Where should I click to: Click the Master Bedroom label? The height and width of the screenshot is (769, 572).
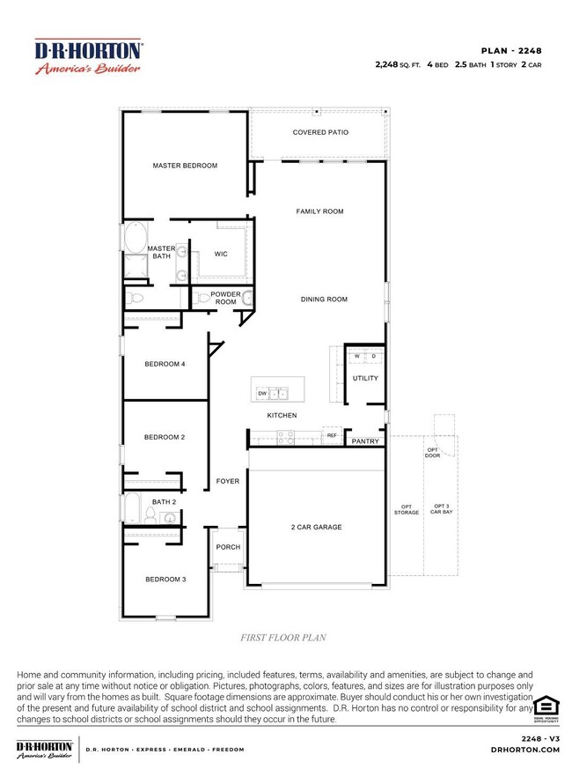pos(185,166)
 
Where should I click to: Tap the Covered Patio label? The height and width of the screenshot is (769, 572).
pos(320,132)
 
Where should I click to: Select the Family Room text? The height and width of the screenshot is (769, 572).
pos(319,211)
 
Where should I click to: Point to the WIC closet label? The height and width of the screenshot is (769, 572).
pos(221,254)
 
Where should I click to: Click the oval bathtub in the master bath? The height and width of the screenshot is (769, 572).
pos(136,237)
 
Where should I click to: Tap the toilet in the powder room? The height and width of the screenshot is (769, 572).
pos(201,298)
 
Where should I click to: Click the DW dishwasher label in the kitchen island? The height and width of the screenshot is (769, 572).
pos(262,394)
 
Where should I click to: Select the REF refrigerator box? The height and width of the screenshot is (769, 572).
pos(332,435)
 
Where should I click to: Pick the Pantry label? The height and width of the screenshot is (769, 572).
pos(365,441)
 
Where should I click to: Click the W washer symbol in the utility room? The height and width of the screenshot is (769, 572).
pos(356,357)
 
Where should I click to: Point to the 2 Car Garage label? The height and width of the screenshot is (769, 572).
pos(316,528)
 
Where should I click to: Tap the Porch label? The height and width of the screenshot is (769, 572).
pos(229,547)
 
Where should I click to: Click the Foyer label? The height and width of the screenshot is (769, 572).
pos(228,481)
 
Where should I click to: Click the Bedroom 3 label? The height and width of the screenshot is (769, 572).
pos(165,580)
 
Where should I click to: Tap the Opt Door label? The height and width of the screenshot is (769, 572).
pos(432,453)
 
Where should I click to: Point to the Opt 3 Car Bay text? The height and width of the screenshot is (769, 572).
pos(441,509)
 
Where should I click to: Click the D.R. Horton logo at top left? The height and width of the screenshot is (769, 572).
pos(88,55)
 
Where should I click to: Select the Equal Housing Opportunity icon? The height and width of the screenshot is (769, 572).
pos(546,709)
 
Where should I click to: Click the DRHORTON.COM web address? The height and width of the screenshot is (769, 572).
pos(525,750)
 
